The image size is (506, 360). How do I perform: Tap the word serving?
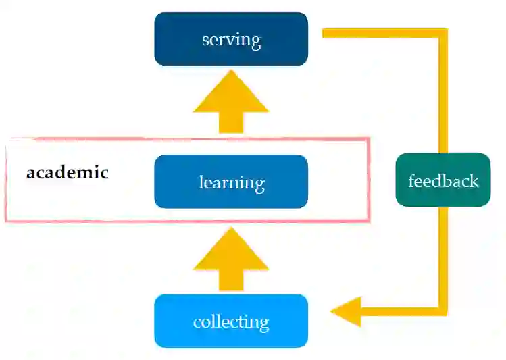point(231,39)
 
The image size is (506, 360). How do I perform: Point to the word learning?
point(231,182)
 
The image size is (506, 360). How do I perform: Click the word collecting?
point(231,322)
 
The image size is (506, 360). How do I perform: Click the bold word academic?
point(68,172)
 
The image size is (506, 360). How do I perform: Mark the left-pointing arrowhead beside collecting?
point(346,311)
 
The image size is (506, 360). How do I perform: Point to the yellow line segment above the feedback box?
point(443,95)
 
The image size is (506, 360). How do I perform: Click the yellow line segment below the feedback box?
point(443,257)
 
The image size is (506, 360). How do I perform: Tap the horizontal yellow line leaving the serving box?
point(378,32)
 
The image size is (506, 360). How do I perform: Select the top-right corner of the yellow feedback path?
point(443,32)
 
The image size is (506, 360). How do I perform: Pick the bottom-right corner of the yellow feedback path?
point(443,311)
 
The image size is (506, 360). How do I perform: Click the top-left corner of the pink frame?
point(7,140)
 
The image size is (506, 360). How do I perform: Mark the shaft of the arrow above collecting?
point(231,281)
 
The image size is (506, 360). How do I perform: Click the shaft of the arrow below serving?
point(231,122)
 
